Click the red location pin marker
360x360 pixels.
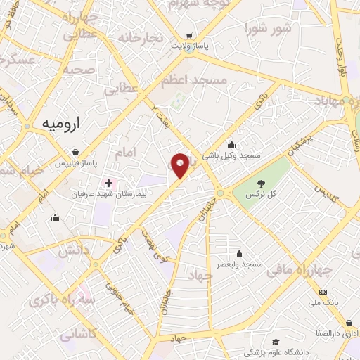[180, 165]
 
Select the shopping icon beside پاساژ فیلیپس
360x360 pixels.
[76, 152]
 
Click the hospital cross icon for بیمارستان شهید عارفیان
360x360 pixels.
[108, 183]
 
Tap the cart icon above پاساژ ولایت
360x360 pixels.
[188, 35]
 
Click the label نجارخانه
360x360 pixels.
[140, 37]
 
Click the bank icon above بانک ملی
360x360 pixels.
[323, 291]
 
